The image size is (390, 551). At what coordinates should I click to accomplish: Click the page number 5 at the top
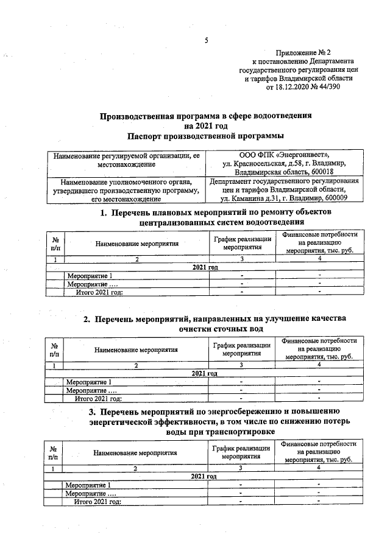(x=206, y=41)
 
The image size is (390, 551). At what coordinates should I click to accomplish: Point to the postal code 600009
(x=330, y=198)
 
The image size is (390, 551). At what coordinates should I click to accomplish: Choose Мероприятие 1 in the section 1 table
(x=90, y=275)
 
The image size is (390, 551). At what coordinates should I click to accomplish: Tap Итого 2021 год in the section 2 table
(x=98, y=398)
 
